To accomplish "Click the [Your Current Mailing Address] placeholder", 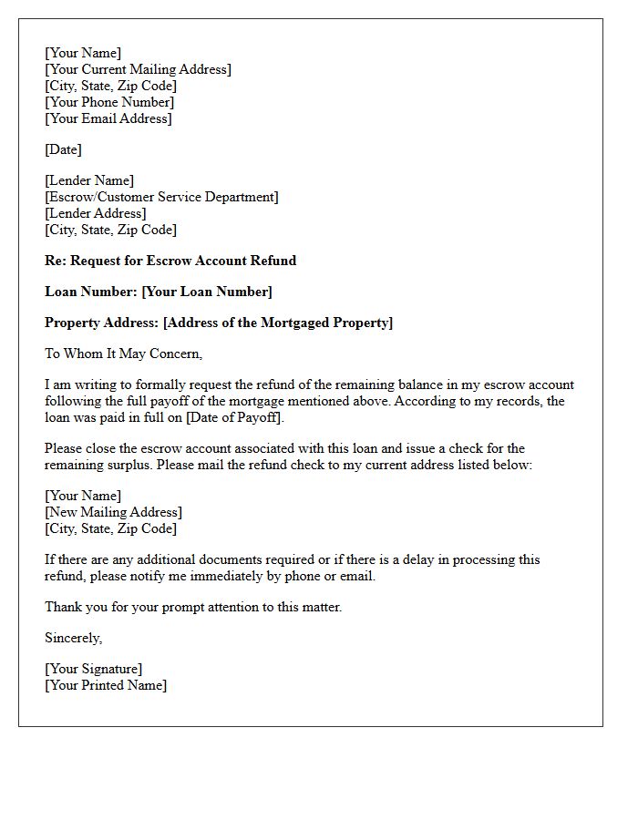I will click(x=138, y=69).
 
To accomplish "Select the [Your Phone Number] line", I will click(x=109, y=102).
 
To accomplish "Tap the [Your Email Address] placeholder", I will click(x=108, y=118).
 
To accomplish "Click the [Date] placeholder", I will click(x=63, y=149).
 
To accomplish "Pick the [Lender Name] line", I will click(x=89, y=180).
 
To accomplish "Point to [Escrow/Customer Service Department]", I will click(x=161, y=197).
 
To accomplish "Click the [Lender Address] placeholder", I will click(x=96, y=213).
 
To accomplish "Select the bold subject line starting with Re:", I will click(x=170, y=261).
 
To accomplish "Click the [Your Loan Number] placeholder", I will click(x=207, y=292).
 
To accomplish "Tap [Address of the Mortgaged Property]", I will click(x=278, y=323).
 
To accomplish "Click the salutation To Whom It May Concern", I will click(x=123, y=354).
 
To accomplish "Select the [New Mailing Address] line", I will click(x=114, y=512).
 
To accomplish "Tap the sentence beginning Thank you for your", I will click(x=193, y=607).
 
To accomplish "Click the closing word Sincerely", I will click(x=73, y=638).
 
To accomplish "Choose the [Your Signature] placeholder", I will click(x=94, y=669).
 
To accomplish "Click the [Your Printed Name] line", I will click(x=106, y=685).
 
